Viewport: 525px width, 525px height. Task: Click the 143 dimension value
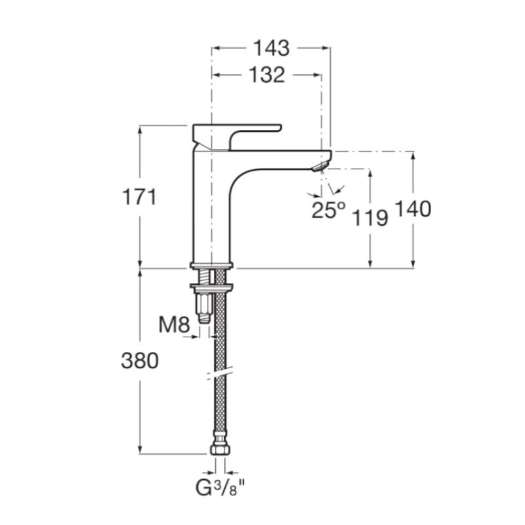(271, 48)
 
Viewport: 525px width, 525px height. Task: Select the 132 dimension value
(267, 75)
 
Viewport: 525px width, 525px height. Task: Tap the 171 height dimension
(139, 197)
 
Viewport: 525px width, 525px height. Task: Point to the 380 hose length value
(140, 360)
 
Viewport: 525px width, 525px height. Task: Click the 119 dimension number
(370, 219)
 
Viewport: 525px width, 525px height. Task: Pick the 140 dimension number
(413, 209)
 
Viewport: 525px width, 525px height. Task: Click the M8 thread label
(174, 324)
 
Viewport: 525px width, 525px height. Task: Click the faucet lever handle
(237, 137)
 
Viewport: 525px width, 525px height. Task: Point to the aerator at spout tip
(320, 167)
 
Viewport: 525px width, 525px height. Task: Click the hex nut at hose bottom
(220, 450)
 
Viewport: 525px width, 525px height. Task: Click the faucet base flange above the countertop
(211, 265)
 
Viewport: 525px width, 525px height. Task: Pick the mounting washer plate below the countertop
(211, 287)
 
